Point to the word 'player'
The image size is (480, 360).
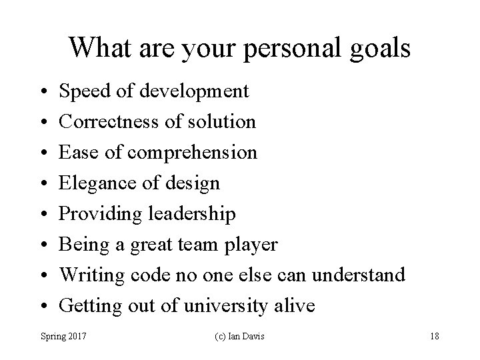(253, 245)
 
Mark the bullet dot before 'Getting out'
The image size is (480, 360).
(42, 307)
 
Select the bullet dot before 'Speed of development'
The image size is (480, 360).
(42, 91)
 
